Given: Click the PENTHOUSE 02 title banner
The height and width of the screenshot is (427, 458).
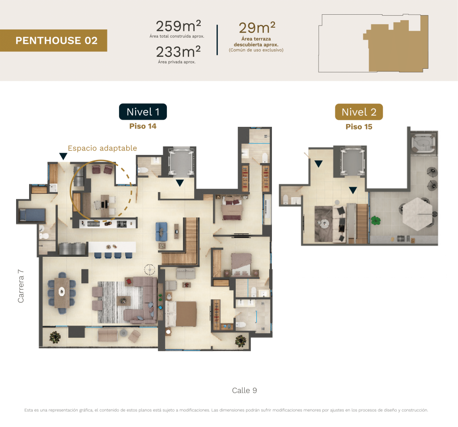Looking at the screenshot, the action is point(54,41).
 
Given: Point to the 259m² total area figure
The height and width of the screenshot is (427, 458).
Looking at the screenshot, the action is point(178,26).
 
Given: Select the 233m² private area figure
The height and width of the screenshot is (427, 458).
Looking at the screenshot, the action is point(178,52).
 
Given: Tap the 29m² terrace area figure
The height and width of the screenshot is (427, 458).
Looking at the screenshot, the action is point(257,28).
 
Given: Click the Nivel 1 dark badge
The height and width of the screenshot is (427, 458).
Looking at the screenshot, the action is point(143,112).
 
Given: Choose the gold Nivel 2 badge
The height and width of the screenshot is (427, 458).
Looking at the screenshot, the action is point(359,112).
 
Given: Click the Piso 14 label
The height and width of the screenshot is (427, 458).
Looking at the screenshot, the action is point(143,126).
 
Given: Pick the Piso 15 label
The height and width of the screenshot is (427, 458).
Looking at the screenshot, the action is point(359,126).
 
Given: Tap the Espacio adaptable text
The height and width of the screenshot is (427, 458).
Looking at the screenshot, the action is point(102,148).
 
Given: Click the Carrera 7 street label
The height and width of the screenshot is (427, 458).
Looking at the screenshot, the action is point(21,286).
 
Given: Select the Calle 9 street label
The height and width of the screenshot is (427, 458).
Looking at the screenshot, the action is point(245,390).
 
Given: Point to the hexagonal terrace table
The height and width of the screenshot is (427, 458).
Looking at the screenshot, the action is point(418,214).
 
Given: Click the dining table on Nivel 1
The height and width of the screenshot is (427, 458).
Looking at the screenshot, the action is point(62,292).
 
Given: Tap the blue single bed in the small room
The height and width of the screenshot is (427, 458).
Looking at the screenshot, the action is point(32,215).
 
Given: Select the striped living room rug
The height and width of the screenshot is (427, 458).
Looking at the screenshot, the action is point(120,302).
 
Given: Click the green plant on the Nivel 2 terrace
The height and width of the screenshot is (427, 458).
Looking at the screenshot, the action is point(376,220).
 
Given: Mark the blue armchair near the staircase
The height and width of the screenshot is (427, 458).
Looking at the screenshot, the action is point(161,231).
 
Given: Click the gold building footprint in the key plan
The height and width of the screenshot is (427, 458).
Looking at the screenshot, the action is point(396,46).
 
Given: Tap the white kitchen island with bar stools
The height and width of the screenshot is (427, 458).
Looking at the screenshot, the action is point(112,247).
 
